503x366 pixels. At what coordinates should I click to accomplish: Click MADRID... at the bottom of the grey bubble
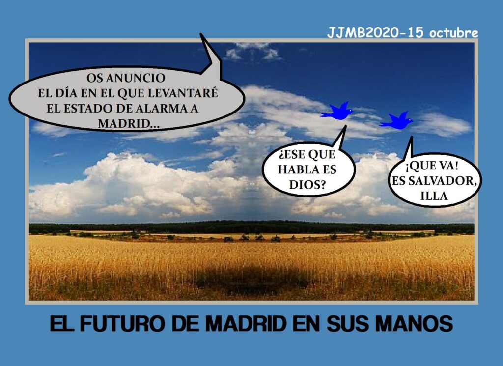[x=128, y=123]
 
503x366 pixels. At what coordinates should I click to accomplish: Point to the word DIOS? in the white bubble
[x=307, y=184]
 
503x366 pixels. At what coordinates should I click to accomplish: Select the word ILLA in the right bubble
[x=434, y=196]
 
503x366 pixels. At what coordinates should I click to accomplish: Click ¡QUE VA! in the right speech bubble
[x=432, y=166]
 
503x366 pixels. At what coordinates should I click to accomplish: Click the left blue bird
[x=337, y=112]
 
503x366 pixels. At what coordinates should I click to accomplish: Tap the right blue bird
[x=397, y=121]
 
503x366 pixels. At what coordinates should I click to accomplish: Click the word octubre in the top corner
[x=453, y=33]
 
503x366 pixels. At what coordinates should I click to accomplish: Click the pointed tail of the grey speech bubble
[x=201, y=34]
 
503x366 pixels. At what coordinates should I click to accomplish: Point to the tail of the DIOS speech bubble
[x=345, y=126]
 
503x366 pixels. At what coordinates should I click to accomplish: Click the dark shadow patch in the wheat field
[x=252, y=281]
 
